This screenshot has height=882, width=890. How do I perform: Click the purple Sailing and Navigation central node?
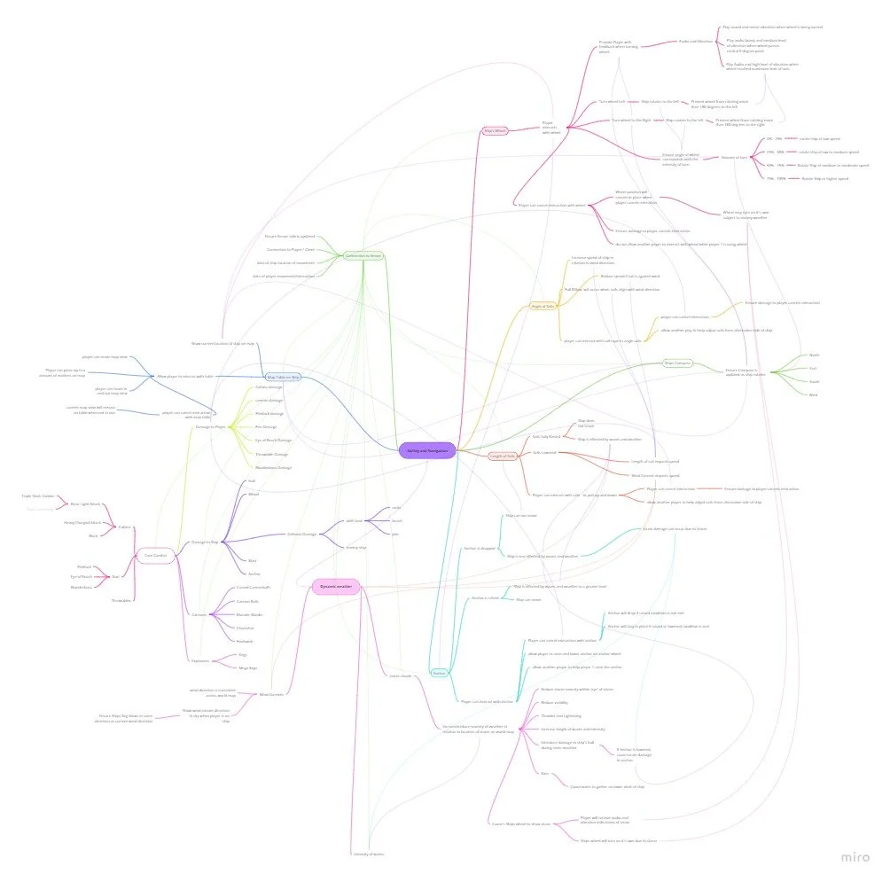427,450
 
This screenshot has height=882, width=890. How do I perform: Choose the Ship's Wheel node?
495,130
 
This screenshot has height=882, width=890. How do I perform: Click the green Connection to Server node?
363,256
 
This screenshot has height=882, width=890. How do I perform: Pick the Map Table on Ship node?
283,377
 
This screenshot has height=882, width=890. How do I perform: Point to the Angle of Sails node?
543,306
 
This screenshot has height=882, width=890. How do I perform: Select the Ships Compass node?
678,363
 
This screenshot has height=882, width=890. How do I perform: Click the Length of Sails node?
503,456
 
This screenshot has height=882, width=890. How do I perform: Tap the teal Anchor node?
439,674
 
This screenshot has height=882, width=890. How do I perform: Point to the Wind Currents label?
270,694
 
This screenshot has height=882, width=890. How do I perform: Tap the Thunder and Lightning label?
556,714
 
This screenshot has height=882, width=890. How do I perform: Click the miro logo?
856,857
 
